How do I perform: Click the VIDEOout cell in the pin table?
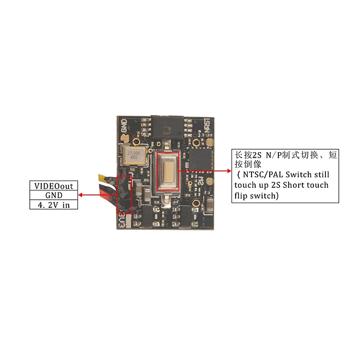[x=54, y=186]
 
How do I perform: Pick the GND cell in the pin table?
[x=54, y=195]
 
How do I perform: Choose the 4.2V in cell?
[x=54, y=205]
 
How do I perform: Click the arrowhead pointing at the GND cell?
[x=81, y=195]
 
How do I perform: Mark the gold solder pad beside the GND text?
[x=123, y=139]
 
